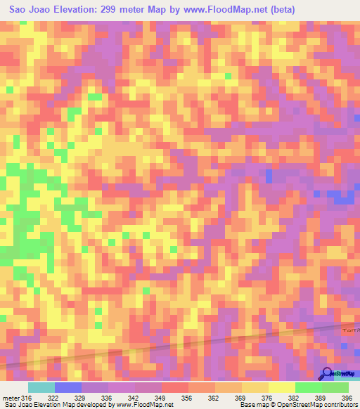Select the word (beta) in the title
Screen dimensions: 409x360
coord(280,9)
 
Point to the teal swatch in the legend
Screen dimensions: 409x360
coord(41,387)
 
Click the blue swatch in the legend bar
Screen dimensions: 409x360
coord(68,387)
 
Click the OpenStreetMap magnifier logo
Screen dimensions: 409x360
coord(327,373)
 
